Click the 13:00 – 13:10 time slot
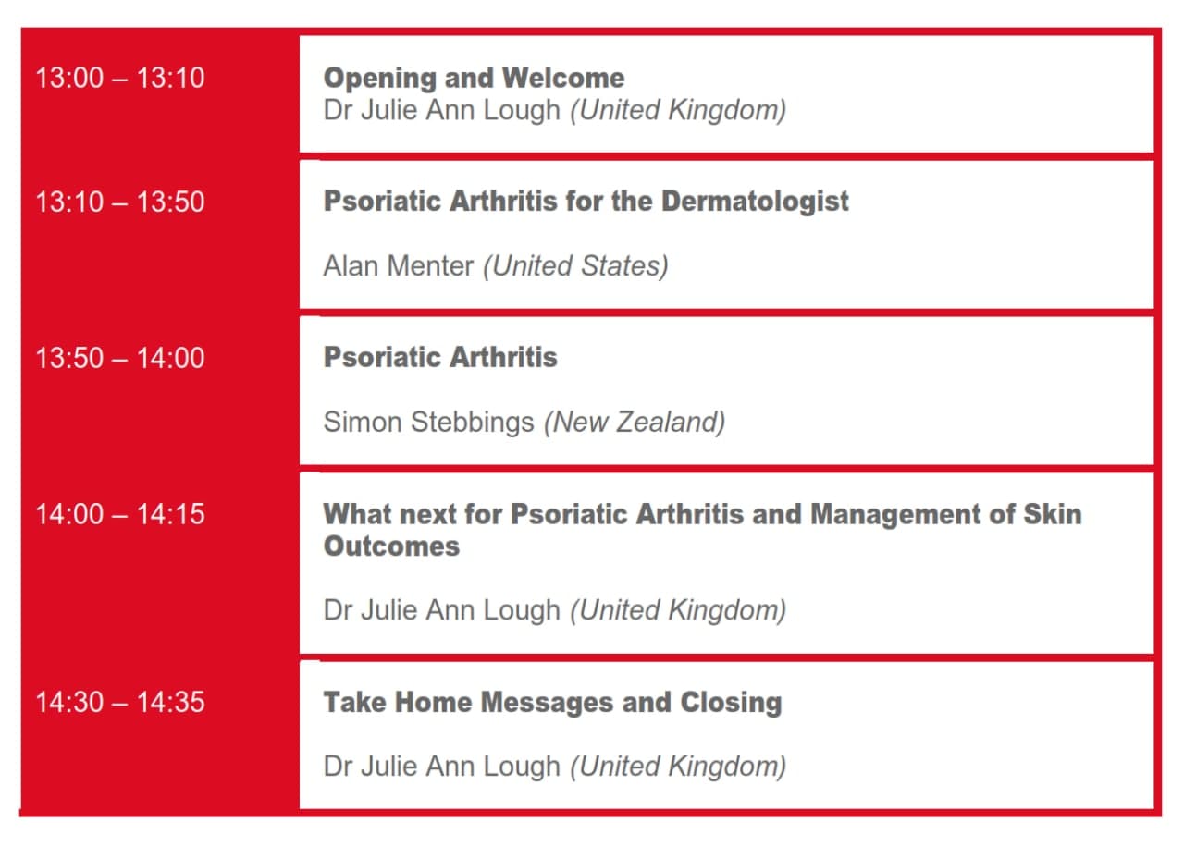(x=120, y=79)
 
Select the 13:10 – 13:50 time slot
(x=120, y=202)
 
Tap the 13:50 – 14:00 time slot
(x=120, y=358)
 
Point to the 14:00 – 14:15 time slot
(x=120, y=514)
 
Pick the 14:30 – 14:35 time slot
(x=120, y=703)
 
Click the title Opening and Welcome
(x=475, y=79)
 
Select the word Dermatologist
(x=756, y=202)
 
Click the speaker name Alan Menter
(x=399, y=265)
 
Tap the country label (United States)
(x=575, y=266)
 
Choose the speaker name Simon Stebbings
(x=428, y=423)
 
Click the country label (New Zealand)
(x=635, y=423)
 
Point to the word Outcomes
(x=391, y=546)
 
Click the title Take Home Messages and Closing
(x=553, y=703)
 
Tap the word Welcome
(x=563, y=79)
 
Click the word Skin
(x=1053, y=514)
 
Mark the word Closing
(x=731, y=703)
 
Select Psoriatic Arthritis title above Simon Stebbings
(x=440, y=358)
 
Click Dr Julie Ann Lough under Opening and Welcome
(x=442, y=111)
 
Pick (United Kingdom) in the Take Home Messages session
(x=678, y=767)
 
